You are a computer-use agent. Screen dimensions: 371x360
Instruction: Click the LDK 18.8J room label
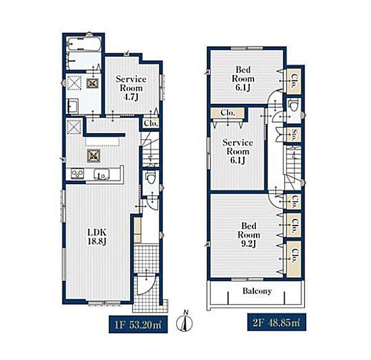tap(96, 236)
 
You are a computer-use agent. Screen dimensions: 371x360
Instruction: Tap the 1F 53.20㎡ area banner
tap(138, 324)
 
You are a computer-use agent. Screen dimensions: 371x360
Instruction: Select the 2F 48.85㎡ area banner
tap(276, 322)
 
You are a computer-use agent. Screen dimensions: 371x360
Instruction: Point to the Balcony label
tap(257, 291)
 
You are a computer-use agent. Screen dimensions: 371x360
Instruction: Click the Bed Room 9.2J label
tap(249, 235)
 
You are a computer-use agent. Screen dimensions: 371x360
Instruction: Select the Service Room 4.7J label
tap(131, 88)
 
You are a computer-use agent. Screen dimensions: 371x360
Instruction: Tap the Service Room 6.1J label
tap(237, 151)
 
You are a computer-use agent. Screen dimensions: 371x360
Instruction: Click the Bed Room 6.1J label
tap(243, 79)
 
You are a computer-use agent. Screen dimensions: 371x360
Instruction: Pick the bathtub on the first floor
tap(85, 44)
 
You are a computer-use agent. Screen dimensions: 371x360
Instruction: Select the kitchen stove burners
tap(77, 173)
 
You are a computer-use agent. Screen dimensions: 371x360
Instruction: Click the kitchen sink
tap(102, 174)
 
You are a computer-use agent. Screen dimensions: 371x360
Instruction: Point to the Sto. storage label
tap(294, 134)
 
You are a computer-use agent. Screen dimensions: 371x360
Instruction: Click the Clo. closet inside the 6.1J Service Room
tap(227, 113)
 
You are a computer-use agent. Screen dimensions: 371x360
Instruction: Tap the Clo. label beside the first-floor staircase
tap(150, 124)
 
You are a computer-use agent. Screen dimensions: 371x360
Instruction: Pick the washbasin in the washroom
tap(73, 106)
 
